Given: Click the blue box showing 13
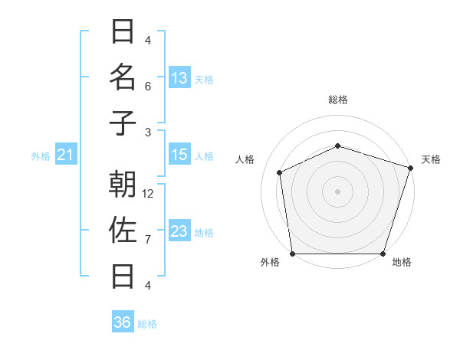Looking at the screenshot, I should [179, 77].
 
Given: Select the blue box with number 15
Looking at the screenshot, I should [179, 155].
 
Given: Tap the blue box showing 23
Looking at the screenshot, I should [179, 231].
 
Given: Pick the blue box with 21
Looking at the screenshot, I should [65, 155].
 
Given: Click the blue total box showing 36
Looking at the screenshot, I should [123, 322].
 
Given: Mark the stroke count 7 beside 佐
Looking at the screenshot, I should [148, 240].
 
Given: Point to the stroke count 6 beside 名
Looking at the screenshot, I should [148, 87].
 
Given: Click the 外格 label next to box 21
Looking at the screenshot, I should [41, 156].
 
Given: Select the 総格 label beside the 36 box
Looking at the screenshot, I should [147, 324].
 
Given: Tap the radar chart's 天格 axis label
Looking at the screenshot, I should [431, 159].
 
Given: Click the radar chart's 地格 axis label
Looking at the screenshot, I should [402, 262].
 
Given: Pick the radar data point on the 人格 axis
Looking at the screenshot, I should [280, 172].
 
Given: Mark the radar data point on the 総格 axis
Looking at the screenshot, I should [337, 146].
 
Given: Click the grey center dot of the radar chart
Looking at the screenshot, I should [337, 191].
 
